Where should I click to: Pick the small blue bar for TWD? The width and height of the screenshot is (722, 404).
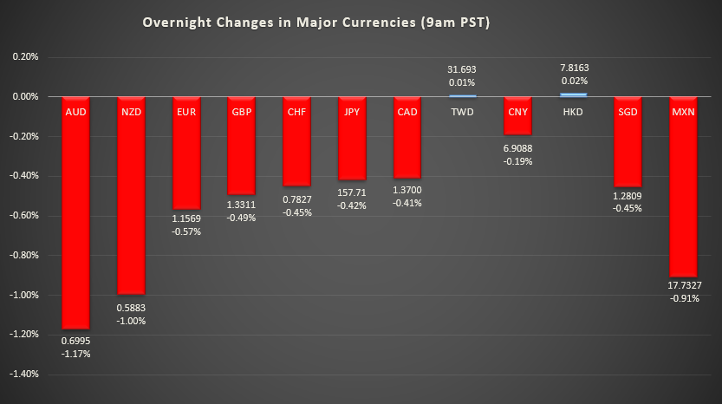pos(462,95)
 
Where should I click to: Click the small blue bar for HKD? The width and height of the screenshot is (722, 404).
pos(573,94)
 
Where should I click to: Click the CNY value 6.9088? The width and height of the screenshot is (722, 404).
pos(517,148)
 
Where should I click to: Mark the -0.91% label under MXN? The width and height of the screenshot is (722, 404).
pos(683,299)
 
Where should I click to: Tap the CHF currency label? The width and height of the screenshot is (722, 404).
pos(296,111)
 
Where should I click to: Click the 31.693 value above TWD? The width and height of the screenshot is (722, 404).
pos(462,69)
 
